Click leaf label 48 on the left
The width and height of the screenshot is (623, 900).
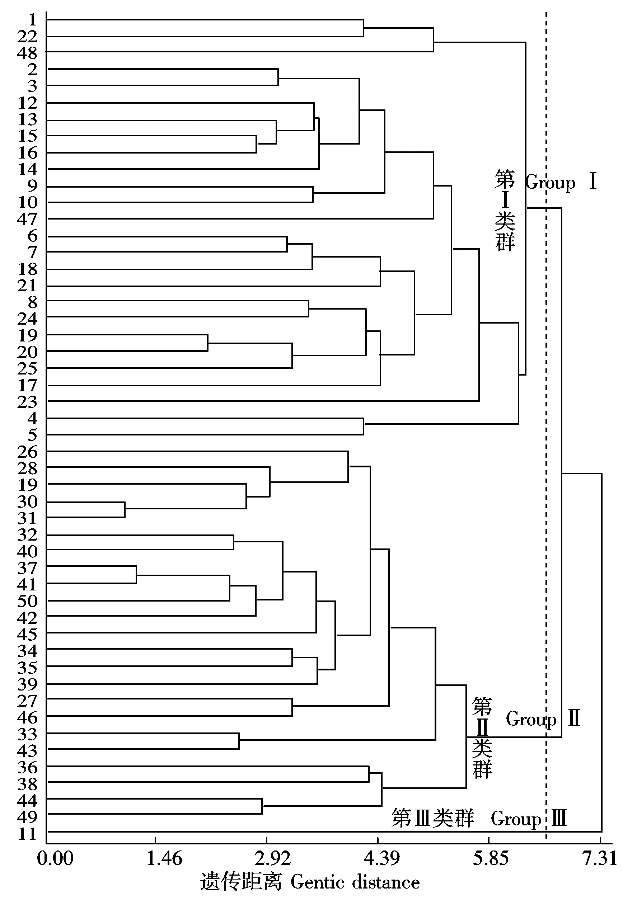pyautogui.click(x=27, y=53)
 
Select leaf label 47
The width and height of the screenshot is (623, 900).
pyautogui.click(x=27, y=219)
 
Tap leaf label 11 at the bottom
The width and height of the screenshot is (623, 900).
pyautogui.click(x=27, y=834)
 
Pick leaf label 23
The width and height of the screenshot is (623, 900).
pyautogui.click(x=27, y=402)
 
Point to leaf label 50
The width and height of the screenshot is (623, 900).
pyautogui.click(x=27, y=601)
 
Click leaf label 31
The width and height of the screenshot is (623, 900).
pyautogui.click(x=27, y=518)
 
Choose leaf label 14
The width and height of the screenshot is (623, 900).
pyautogui.click(x=27, y=169)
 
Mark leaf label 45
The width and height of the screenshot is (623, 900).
pyautogui.click(x=27, y=635)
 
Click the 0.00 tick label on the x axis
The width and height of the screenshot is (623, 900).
pyautogui.click(x=55, y=859)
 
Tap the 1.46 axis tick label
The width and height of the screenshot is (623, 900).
pyautogui.click(x=164, y=859)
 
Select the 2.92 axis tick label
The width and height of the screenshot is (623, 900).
pyautogui.click(x=273, y=859)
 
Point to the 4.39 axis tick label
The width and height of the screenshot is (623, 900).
pyautogui.click(x=382, y=859)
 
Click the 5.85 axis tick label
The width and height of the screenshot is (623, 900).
pyautogui.click(x=491, y=859)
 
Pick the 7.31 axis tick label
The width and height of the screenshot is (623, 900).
pyautogui.click(x=600, y=859)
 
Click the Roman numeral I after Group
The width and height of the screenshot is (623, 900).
pyautogui.click(x=593, y=182)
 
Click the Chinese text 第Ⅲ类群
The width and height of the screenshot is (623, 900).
pyautogui.click(x=432, y=818)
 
